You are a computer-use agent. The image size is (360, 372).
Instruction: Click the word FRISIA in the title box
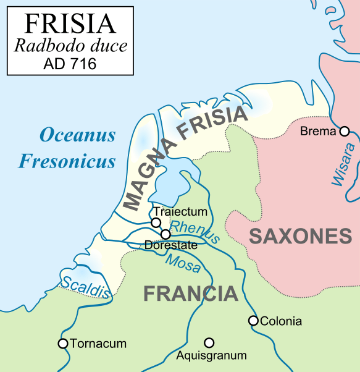[x=70, y=23]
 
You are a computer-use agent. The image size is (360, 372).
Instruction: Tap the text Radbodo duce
[x=70, y=46]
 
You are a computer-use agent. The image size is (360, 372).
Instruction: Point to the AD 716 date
[x=70, y=64]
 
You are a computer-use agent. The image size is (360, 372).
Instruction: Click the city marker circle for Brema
[x=345, y=131]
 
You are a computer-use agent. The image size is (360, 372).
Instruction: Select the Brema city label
[x=318, y=132]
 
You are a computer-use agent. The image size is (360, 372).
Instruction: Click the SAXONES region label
[x=301, y=236]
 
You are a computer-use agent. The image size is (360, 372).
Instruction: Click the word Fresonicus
[x=67, y=161]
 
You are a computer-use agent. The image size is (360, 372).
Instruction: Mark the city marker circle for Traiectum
[x=156, y=222]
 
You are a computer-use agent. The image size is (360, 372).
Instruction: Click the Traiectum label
[x=180, y=212]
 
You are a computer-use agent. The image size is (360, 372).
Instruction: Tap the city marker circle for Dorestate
[x=165, y=234]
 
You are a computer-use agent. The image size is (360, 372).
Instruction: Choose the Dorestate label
[x=171, y=245]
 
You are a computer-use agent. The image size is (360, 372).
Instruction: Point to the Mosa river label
[x=183, y=263]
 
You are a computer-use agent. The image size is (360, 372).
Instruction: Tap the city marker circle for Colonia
[x=253, y=321]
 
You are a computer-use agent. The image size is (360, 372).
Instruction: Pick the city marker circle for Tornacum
[x=62, y=343]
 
